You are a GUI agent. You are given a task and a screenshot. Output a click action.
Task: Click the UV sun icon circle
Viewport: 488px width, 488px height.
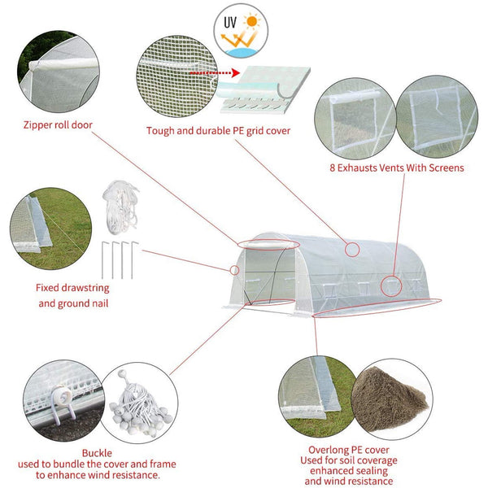(x=241, y=31)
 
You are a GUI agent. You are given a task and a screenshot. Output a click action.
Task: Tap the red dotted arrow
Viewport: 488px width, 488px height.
(x=215, y=73)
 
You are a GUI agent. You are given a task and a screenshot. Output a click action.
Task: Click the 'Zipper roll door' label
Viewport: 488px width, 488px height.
(x=58, y=125)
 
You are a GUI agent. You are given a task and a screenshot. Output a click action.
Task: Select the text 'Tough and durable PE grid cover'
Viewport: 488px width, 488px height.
(x=218, y=131)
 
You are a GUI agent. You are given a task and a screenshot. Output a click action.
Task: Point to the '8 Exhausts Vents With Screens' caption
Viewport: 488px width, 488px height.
(x=397, y=168)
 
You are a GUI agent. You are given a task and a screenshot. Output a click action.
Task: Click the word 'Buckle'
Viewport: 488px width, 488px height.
(x=97, y=453)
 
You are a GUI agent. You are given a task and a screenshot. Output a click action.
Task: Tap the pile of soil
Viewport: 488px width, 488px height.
(x=390, y=399)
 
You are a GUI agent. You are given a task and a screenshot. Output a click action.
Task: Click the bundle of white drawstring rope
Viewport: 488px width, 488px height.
(x=120, y=207)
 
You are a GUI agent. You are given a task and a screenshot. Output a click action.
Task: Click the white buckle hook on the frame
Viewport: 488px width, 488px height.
(x=63, y=402)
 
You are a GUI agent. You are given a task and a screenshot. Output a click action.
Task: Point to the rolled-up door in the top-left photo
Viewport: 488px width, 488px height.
(x=63, y=64)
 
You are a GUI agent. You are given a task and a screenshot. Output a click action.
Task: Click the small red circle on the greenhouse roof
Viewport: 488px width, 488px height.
(x=352, y=250)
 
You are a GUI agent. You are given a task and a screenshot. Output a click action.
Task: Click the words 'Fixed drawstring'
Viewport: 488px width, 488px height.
(x=72, y=288)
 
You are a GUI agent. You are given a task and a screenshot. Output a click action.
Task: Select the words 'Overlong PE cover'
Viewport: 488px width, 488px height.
(x=349, y=450)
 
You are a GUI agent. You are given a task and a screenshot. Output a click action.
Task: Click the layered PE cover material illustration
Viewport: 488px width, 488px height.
(x=264, y=89)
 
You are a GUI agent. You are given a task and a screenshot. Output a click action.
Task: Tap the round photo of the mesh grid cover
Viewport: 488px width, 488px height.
(x=177, y=76)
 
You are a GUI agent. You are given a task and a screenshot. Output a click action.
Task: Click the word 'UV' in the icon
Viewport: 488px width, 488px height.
(x=230, y=23)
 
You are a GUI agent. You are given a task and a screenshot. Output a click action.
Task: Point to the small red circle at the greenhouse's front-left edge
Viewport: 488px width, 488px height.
(x=234, y=270)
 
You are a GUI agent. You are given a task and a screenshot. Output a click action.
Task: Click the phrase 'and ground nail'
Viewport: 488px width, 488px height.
(x=73, y=303)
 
